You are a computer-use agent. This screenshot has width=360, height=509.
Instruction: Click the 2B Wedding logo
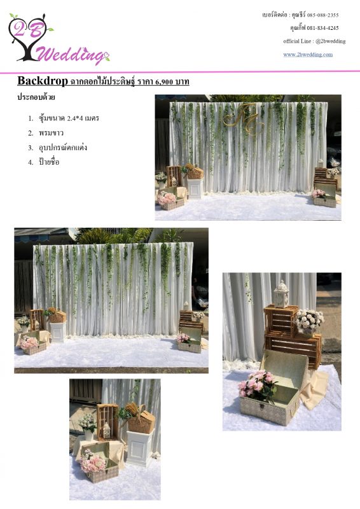pos(59,39)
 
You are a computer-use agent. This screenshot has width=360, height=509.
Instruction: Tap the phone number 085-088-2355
pos(322,15)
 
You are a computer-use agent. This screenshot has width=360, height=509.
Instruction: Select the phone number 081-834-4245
pos(322,28)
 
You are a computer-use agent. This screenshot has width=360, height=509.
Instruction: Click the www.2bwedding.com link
pos(308,54)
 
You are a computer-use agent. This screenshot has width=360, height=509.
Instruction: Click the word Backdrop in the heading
pos(43,81)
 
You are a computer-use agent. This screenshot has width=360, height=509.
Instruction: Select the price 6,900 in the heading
pos(164,81)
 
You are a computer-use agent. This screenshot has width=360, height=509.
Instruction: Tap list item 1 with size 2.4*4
pos(64,118)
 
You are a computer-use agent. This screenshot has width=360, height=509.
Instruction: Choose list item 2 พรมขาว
pos(46,133)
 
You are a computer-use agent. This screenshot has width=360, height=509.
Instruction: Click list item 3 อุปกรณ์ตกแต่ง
pos(58,148)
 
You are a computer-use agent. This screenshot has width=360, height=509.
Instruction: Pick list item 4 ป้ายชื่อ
pos(44,162)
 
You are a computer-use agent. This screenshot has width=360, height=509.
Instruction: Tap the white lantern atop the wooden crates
pos(281,294)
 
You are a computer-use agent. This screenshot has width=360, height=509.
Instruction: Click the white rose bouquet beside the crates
pos(309,320)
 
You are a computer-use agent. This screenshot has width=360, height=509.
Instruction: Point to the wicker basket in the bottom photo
pos(141,420)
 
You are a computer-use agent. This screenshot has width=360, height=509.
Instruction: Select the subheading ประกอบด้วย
pos(36,97)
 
